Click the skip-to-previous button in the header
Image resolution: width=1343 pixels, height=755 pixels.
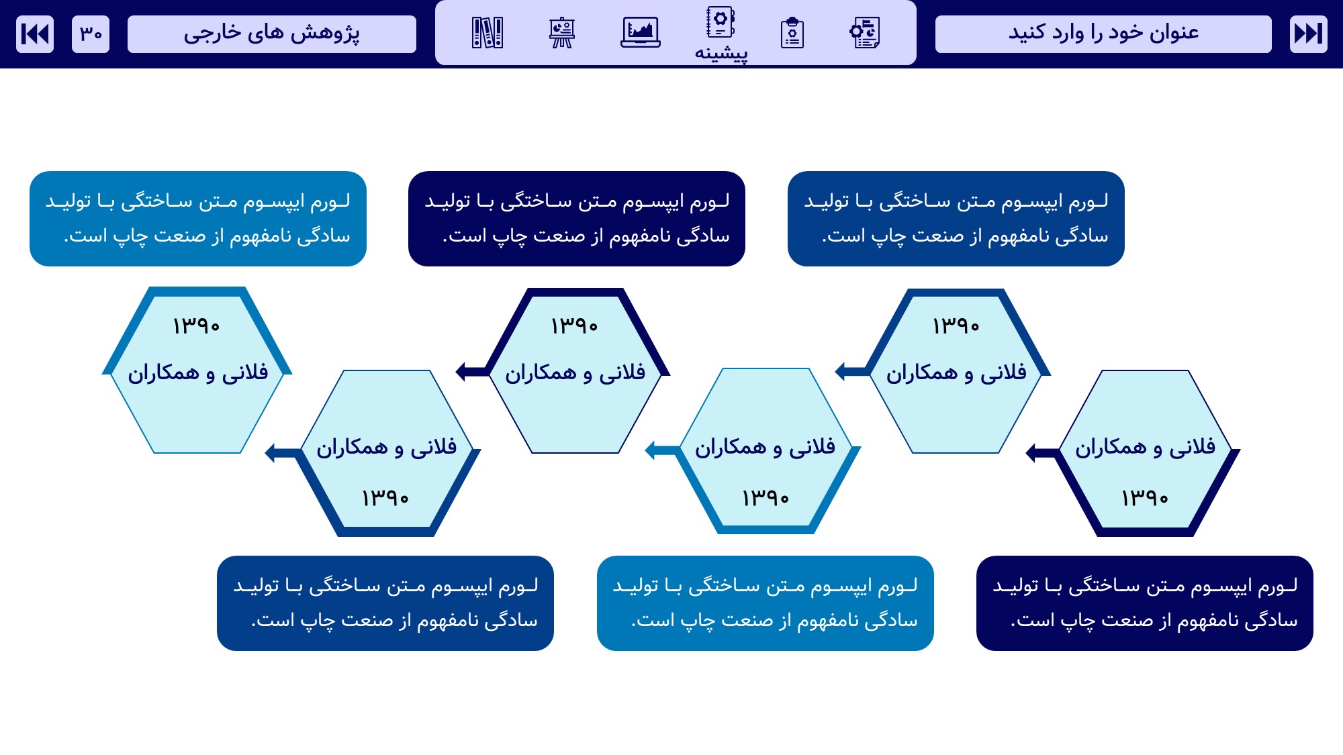pos(35,34)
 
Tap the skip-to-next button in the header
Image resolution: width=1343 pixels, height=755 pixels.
pos(1308,34)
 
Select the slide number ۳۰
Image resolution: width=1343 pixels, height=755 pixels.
pos(91,34)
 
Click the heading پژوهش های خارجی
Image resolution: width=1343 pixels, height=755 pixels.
pos(272,34)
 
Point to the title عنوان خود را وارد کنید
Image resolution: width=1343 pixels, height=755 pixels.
pos(1103,34)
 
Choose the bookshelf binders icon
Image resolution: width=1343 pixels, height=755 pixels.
pos(488,32)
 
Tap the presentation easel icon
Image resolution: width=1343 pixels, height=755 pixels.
pos(561,32)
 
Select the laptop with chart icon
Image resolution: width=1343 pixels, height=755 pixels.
pos(641,32)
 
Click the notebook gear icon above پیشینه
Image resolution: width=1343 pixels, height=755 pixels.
pos(721,22)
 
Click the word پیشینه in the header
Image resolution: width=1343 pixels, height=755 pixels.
pos(721,53)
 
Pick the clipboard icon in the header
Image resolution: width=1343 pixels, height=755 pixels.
pos(792,32)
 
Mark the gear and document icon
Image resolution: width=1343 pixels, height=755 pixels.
pos(865,32)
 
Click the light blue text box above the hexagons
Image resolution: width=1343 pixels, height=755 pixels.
pos(198,219)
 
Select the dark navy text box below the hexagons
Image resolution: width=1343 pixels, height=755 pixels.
pos(1145,603)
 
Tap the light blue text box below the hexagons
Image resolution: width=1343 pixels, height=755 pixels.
pos(766,603)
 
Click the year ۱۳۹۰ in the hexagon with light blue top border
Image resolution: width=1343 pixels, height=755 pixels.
pos(196,326)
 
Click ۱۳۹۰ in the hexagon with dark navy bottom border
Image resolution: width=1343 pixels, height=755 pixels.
pos(1145,498)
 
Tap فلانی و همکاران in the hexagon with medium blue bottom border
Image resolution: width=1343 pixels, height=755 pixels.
pos(387,447)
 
